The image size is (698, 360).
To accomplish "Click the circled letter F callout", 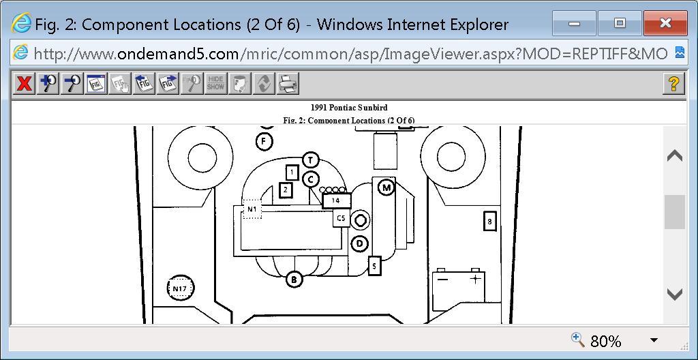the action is [264, 142].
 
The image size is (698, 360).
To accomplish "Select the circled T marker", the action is [310, 160].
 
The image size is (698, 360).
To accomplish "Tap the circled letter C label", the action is [311, 179].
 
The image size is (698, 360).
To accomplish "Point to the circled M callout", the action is [386, 187].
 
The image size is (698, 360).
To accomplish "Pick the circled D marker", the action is [360, 243].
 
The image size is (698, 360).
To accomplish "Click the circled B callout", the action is [294, 279].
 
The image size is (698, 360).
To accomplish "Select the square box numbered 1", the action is [292, 172].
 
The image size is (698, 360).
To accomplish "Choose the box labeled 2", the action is [286, 190].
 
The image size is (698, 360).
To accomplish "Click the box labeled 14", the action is [336, 200].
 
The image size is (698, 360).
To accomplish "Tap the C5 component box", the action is [341, 218].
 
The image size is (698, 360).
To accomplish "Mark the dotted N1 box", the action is [252, 209].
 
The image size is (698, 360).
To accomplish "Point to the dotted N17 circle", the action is [180, 288].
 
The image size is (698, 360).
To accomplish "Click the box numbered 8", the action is [489, 221].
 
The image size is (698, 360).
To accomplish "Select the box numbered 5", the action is [374, 266].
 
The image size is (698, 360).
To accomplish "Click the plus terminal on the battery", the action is [475, 279].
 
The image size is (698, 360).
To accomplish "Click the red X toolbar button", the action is [25, 84].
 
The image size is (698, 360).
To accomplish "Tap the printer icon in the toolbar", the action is [288, 84].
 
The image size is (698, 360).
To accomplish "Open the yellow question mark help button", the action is [673, 84].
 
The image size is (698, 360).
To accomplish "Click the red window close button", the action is [665, 24].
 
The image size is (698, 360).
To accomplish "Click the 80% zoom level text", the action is [605, 341].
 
